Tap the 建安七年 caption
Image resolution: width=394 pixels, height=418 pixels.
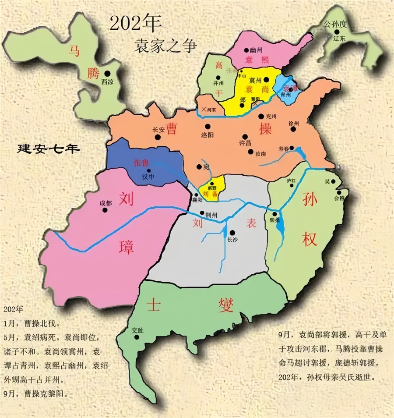[49, 149]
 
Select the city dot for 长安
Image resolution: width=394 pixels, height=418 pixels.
[158, 137]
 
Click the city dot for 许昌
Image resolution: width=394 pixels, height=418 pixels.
[245, 136]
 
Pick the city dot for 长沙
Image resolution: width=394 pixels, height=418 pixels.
[232, 233]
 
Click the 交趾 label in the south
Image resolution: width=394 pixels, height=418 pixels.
[137, 330]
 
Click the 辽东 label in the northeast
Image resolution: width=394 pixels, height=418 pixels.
[339, 39]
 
